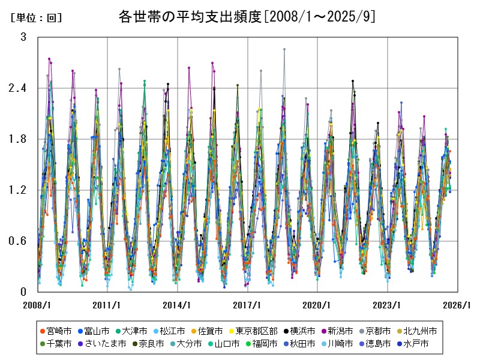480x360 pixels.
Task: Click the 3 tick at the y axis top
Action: pyautogui.click(x=23, y=37)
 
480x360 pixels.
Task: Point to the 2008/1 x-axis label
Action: pyautogui.click(x=37, y=305)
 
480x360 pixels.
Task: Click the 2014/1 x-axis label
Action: pyautogui.click(x=177, y=305)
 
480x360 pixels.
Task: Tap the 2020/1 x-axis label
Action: pyautogui.click(x=317, y=305)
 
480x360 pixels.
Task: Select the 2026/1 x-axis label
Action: pyautogui.click(x=457, y=305)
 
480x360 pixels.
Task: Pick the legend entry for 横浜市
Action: pyautogui.click(x=307, y=331)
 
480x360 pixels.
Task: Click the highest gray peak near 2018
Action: pyautogui.click(x=284, y=49)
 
